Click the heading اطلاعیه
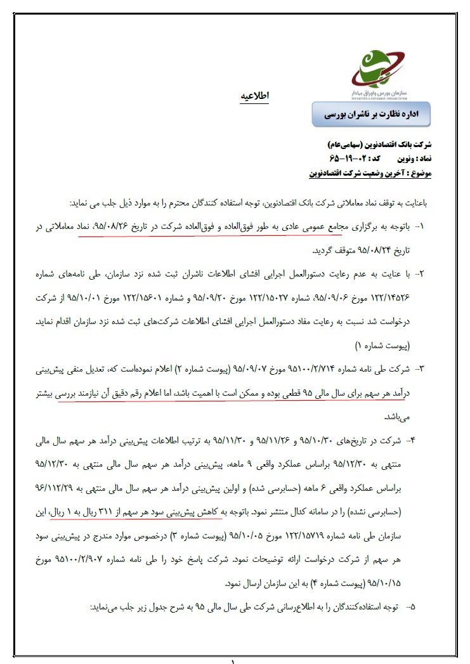point(256,95)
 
